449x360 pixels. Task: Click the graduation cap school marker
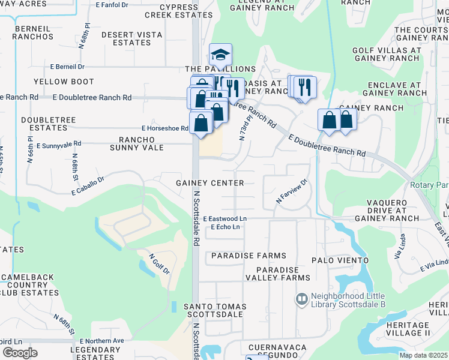pos(220,55)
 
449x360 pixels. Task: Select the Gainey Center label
pos(210,182)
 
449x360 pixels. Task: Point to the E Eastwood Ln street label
pos(225,219)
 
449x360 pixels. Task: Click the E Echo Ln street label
pos(225,227)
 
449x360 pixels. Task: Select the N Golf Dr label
pos(159,264)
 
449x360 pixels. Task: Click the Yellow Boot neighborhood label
pos(64,82)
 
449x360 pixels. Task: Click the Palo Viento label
pos(340,260)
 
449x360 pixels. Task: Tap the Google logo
pos(20,352)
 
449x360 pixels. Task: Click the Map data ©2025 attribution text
pos(423,355)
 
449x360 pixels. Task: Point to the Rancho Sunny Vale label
pos(137,143)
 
